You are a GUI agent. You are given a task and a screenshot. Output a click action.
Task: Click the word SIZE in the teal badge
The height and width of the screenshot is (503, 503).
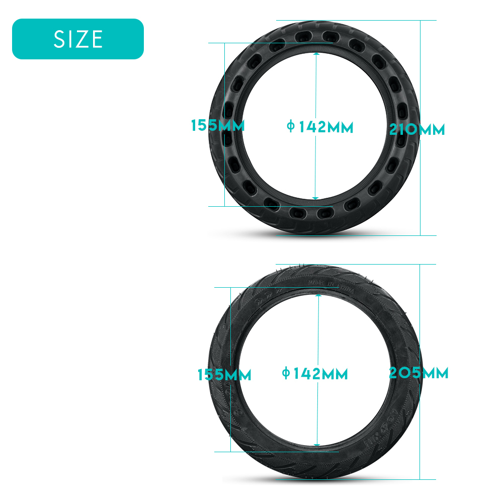pyautogui.click(x=78, y=39)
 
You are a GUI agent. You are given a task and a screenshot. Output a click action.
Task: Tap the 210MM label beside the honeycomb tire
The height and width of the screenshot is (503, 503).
pyautogui.click(x=417, y=130)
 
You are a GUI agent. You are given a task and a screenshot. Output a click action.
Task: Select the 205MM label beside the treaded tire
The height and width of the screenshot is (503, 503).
pyautogui.click(x=418, y=373)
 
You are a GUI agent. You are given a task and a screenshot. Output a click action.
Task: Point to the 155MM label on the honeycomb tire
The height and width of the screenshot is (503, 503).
pyautogui.click(x=217, y=125)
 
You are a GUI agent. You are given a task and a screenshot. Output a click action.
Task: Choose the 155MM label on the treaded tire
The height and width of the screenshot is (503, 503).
pyautogui.click(x=224, y=375)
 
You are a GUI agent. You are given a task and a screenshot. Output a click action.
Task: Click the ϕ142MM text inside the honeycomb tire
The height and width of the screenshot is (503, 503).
pyautogui.click(x=320, y=127)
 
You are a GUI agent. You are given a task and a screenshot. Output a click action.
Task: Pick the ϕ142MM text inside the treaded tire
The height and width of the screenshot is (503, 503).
pyautogui.click(x=315, y=374)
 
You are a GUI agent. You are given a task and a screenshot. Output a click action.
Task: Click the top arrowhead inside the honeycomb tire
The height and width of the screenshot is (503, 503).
pyautogui.click(x=316, y=54)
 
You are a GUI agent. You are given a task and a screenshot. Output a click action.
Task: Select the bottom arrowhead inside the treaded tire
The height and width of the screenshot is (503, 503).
pyautogui.click(x=318, y=444)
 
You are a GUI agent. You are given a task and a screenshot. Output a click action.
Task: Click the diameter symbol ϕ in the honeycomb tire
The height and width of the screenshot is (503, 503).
pyautogui.click(x=290, y=126)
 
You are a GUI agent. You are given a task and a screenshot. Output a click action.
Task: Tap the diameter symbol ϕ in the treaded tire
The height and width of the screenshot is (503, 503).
pyautogui.click(x=285, y=373)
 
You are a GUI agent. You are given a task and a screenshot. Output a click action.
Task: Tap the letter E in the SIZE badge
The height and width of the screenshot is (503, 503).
pyautogui.click(x=97, y=39)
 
